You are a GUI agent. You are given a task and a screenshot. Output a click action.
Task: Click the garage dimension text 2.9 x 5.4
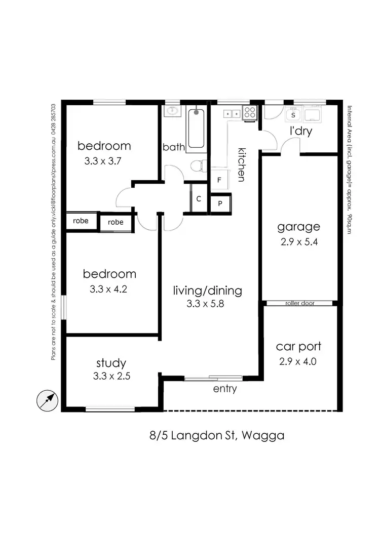tap(299, 242)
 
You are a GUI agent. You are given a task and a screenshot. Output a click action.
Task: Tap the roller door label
tap(299, 304)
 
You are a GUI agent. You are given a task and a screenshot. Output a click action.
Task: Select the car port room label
tap(298, 347)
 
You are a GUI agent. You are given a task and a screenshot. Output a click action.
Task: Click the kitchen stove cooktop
tap(250, 112)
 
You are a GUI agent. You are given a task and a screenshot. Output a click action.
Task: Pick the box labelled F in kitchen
tap(219, 180)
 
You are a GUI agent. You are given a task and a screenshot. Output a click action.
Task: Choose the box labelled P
tap(220, 203)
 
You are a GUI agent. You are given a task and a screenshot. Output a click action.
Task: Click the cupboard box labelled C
tap(199, 199)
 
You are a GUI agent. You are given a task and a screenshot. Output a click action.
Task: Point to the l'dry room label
tap(300, 132)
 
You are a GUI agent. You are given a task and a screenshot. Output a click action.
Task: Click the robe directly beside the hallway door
tap(116, 222)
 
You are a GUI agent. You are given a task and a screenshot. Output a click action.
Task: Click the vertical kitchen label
tap(242, 164)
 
